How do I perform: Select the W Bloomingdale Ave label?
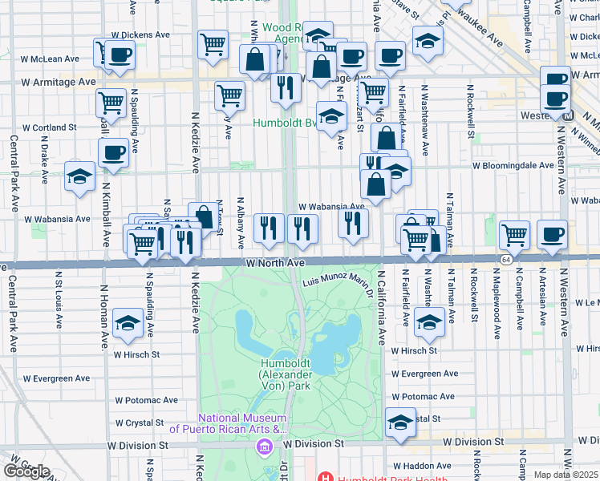tap(513, 166)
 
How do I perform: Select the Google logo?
tap(27, 472)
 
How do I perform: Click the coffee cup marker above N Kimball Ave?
tap(113, 152)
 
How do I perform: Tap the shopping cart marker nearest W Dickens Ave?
tap(213, 44)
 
